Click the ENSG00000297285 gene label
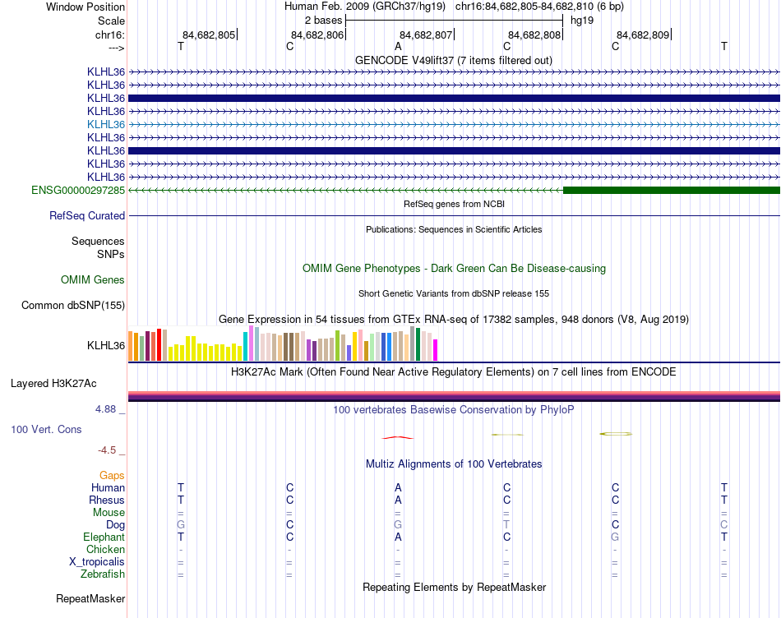click(78, 190)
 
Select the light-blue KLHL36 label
click(106, 124)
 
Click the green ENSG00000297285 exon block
click(671, 190)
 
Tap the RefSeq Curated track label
click(87, 216)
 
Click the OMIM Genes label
click(93, 280)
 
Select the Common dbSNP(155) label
click(73, 306)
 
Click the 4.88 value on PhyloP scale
click(108, 408)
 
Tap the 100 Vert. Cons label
click(46, 429)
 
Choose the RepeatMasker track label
click(90, 599)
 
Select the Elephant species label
click(104, 537)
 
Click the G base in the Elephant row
click(615, 537)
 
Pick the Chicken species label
click(105, 549)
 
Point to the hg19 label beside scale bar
click(581, 20)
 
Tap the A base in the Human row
click(398, 487)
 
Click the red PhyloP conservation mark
click(397, 436)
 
